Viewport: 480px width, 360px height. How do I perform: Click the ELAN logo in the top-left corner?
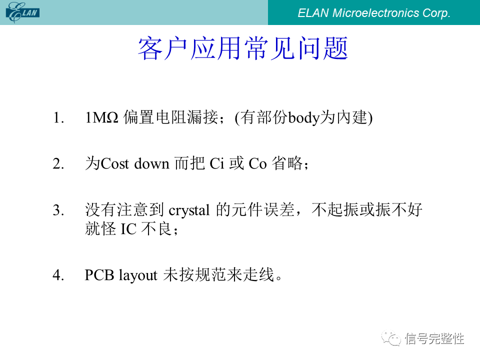click(22, 12)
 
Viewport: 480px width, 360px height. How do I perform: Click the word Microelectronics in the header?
click(375, 13)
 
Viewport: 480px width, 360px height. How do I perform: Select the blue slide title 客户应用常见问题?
click(243, 48)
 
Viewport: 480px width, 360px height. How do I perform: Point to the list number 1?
click(58, 117)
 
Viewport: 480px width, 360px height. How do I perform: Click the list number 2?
click(58, 164)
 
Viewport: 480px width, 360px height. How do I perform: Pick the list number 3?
click(58, 210)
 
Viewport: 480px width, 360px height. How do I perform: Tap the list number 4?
click(58, 275)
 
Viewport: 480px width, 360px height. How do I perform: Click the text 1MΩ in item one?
click(101, 117)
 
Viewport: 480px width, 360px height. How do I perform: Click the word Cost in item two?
click(115, 164)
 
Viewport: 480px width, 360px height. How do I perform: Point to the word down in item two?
click(152, 164)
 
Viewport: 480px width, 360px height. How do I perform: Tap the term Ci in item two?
click(216, 164)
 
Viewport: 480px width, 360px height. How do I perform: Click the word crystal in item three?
click(189, 211)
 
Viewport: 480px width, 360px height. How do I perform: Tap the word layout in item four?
click(138, 275)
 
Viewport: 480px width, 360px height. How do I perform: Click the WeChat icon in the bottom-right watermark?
click(391, 338)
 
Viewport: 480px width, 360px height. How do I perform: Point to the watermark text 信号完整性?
click(434, 338)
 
